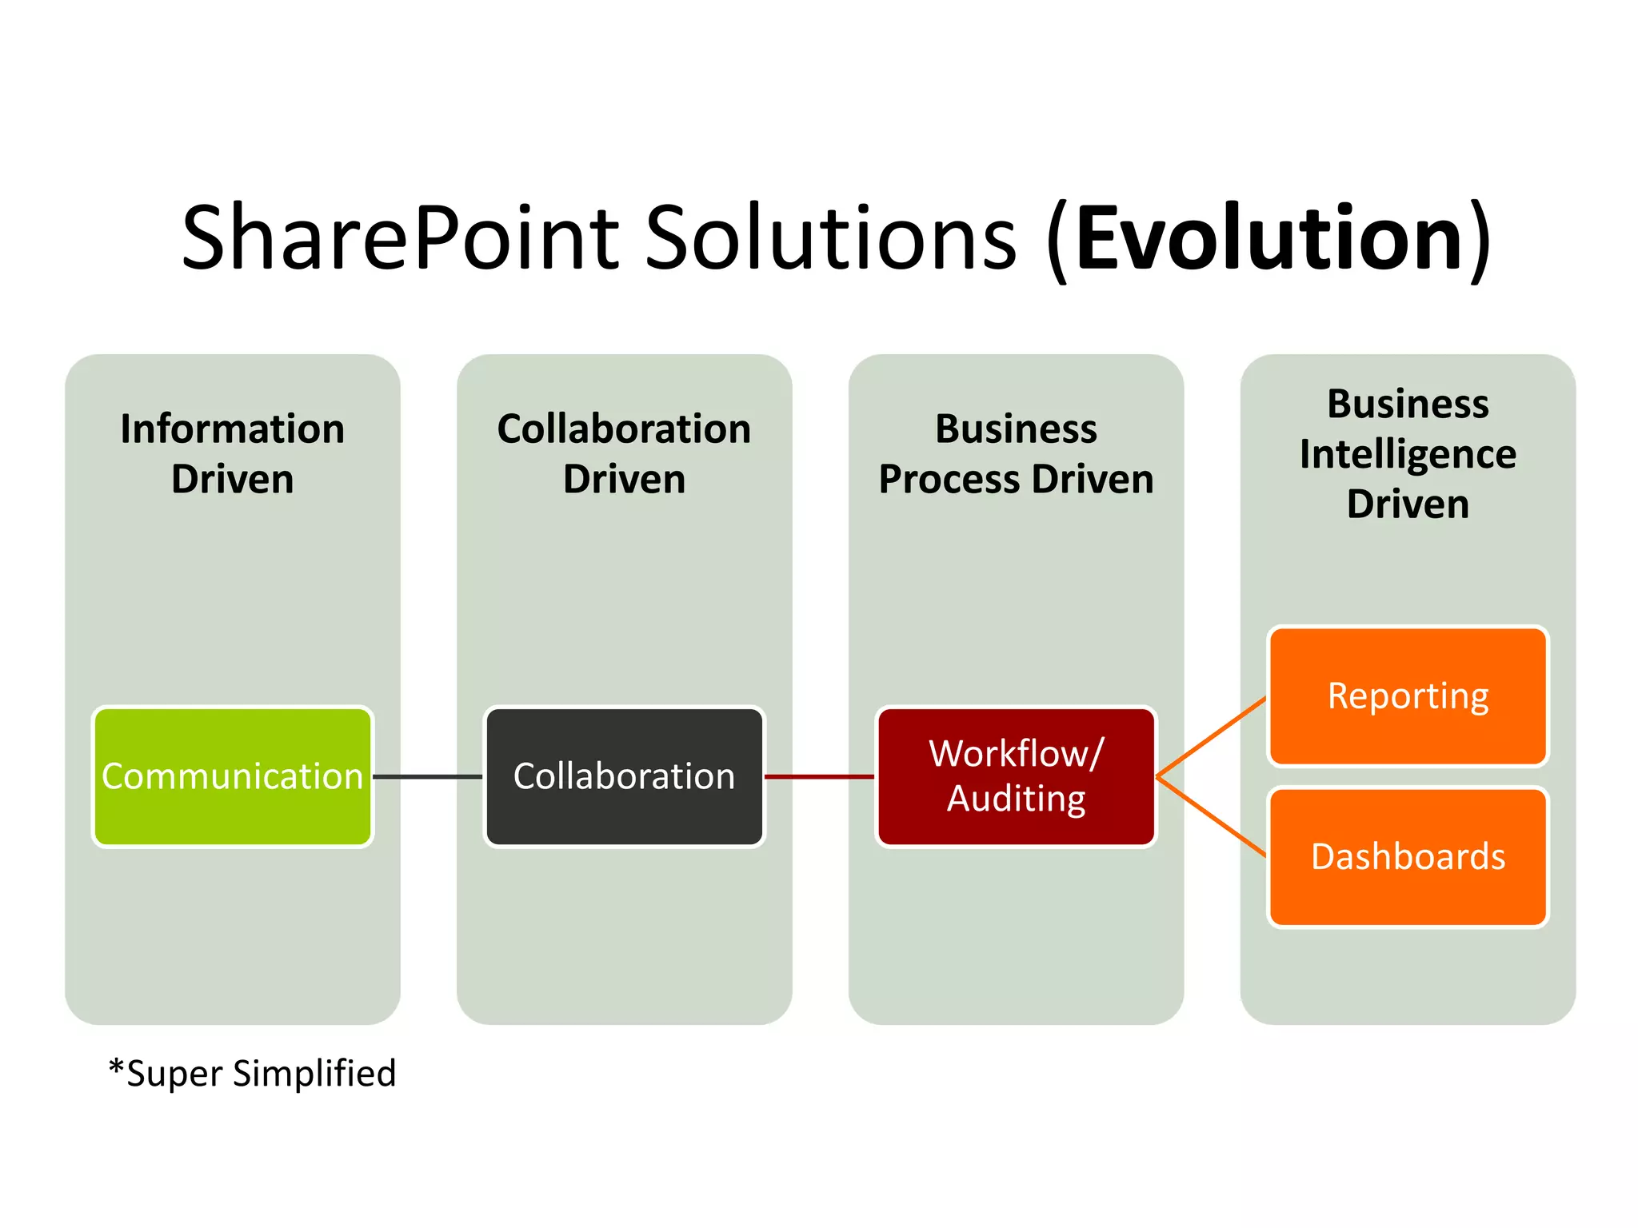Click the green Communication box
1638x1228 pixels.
point(232,776)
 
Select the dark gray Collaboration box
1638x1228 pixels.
point(624,776)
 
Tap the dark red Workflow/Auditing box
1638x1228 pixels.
point(1016,776)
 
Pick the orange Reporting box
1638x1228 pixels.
point(1408,696)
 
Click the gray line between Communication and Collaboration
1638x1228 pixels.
point(428,776)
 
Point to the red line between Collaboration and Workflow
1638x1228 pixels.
point(820,776)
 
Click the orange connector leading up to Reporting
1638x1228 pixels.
point(1213,736)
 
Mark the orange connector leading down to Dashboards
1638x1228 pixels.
point(1213,817)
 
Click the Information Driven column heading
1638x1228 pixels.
point(232,453)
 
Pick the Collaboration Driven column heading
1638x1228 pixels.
point(624,453)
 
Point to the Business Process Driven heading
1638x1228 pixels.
point(1016,453)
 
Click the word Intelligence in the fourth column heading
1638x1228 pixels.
point(1408,455)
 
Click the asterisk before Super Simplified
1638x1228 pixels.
point(117,1068)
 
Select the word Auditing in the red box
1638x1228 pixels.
point(1016,799)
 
